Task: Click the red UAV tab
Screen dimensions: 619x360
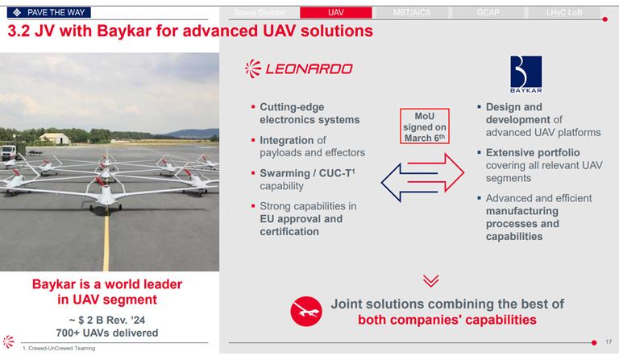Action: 335,13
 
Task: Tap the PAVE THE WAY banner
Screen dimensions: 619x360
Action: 49,13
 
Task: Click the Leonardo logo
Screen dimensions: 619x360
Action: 298,69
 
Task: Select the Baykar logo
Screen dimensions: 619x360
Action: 526,74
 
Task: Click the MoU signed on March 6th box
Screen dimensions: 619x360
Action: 425,126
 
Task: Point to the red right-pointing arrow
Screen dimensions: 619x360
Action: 435,172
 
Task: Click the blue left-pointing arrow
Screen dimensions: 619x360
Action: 409,183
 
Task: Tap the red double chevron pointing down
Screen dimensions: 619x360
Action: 430,281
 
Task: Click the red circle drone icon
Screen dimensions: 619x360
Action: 306,311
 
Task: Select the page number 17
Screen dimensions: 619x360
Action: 609,341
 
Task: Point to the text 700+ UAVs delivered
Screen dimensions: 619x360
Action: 107,333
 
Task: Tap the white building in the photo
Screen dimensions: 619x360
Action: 55,139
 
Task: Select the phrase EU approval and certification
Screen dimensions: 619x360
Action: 301,226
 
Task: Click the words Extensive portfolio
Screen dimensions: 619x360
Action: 533,152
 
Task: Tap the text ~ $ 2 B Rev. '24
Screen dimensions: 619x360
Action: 107,320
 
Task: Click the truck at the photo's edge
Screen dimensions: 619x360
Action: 9,152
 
